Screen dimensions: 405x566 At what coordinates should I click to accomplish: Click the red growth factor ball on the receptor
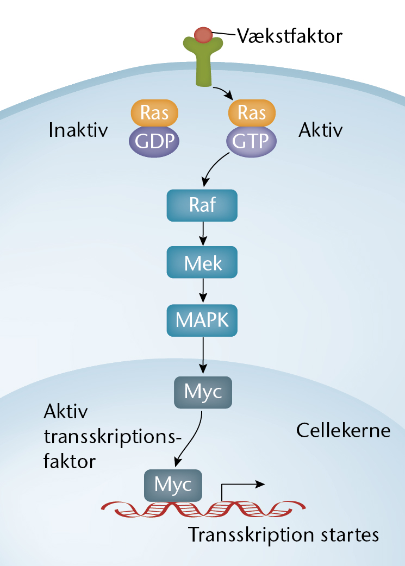[x=203, y=35]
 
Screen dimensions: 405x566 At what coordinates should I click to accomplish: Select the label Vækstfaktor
[x=290, y=36]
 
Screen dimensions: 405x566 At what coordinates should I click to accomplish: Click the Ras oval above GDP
[x=154, y=112]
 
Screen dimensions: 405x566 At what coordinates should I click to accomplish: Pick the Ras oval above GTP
[x=252, y=112]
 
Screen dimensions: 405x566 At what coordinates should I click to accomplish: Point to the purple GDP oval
[x=154, y=141]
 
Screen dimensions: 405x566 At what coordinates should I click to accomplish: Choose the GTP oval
[x=252, y=141]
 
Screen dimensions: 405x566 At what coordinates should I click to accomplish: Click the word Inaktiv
[x=78, y=130]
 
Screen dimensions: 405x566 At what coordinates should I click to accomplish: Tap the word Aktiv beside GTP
[x=320, y=130]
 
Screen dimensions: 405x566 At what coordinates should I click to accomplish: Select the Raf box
[x=202, y=205]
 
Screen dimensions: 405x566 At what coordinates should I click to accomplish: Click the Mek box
[x=202, y=262]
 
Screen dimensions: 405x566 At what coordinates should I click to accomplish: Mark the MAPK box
[x=202, y=320]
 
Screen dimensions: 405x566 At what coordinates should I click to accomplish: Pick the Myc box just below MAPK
[x=203, y=392]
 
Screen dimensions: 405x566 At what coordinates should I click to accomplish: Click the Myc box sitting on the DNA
[x=173, y=485]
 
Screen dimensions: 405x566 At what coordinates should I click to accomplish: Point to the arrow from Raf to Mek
[x=203, y=234]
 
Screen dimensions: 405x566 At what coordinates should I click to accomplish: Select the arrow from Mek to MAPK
[x=203, y=291]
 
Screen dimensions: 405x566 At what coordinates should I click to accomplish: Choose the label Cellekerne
[x=343, y=430]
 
